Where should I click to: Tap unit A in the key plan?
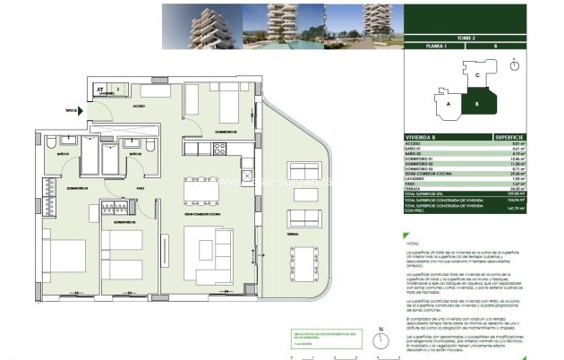447,103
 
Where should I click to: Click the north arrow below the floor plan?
381,341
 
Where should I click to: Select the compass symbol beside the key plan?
514,65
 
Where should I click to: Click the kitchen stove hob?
218,150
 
